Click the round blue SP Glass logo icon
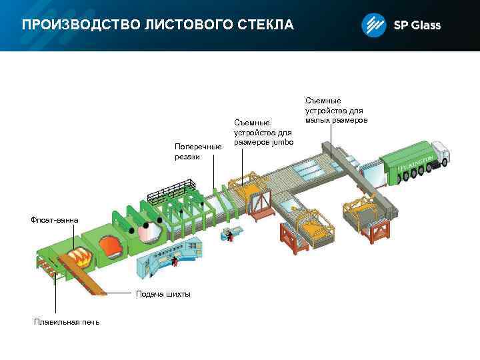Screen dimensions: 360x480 (373, 25)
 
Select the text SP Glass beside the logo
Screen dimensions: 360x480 (417, 25)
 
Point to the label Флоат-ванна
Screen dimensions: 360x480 (54, 220)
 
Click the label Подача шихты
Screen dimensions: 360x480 (163, 294)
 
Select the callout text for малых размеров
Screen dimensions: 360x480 (337, 120)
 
